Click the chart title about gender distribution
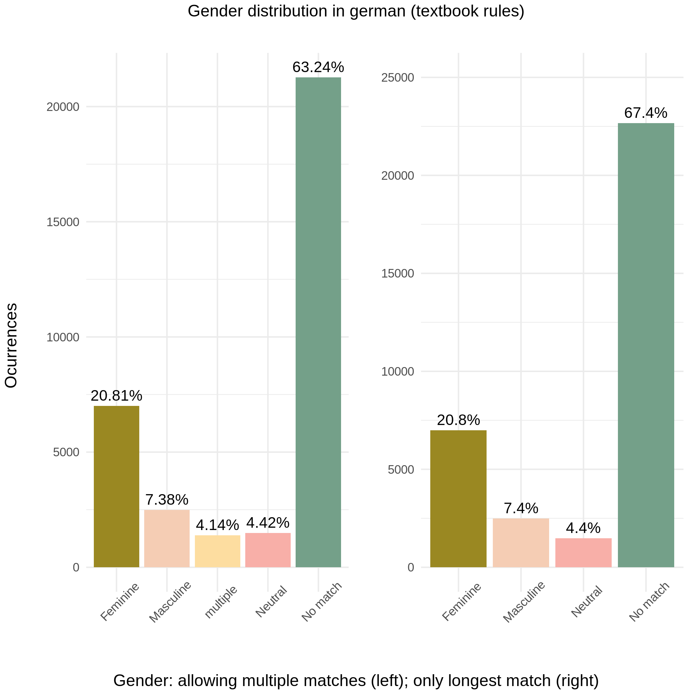pyautogui.click(x=356, y=12)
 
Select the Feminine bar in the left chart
pyautogui.click(x=116, y=487)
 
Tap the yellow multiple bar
pyautogui.click(x=218, y=551)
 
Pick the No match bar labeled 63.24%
pyautogui.click(x=318, y=322)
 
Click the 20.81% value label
pyautogui.click(x=116, y=396)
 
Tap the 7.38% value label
pyautogui.click(x=167, y=500)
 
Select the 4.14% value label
pyautogui.click(x=218, y=525)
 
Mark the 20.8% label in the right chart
pyautogui.click(x=458, y=420)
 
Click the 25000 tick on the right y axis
pyautogui.click(x=397, y=78)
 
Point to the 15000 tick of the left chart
pyautogui.click(x=63, y=222)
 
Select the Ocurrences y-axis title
pyautogui.click(x=12, y=346)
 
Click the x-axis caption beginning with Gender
pyautogui.click(x=356, y=680)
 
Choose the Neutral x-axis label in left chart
pyautogui.click(x=271, y=601)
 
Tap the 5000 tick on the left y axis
pyautogui.click(x=66, y=452)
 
